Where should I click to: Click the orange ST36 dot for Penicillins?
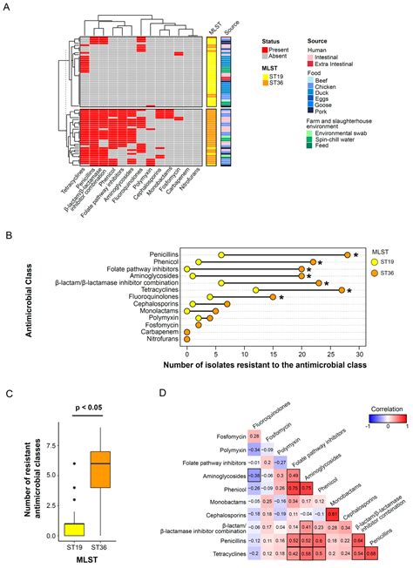tap(347, 254)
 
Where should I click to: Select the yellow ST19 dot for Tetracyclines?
tap(255, 289)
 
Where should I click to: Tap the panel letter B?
tap(8, 235)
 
